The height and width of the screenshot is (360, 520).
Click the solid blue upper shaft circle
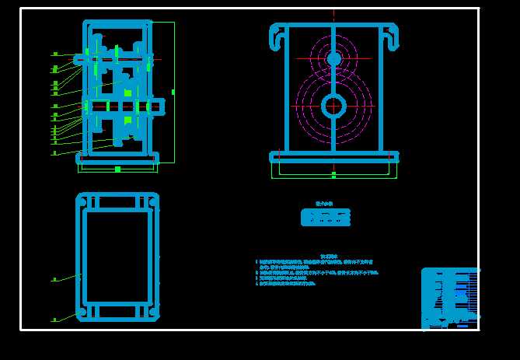(334, 59)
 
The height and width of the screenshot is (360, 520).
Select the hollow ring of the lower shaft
(334, 105)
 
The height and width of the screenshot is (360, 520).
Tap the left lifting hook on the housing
(277, 36)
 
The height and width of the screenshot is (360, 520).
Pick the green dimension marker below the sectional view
(117, 169)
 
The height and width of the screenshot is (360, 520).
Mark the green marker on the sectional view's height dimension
(173, 92)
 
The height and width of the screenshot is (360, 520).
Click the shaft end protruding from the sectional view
(159, 106)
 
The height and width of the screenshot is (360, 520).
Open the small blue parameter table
(326, 218)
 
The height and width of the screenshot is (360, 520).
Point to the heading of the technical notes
(331, 256)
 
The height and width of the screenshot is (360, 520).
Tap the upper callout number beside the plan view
(54, 278)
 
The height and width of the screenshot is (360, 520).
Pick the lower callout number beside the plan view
(54, 320)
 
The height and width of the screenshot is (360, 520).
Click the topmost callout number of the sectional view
(55, 54)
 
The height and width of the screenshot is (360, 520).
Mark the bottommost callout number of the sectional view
(54, 153)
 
